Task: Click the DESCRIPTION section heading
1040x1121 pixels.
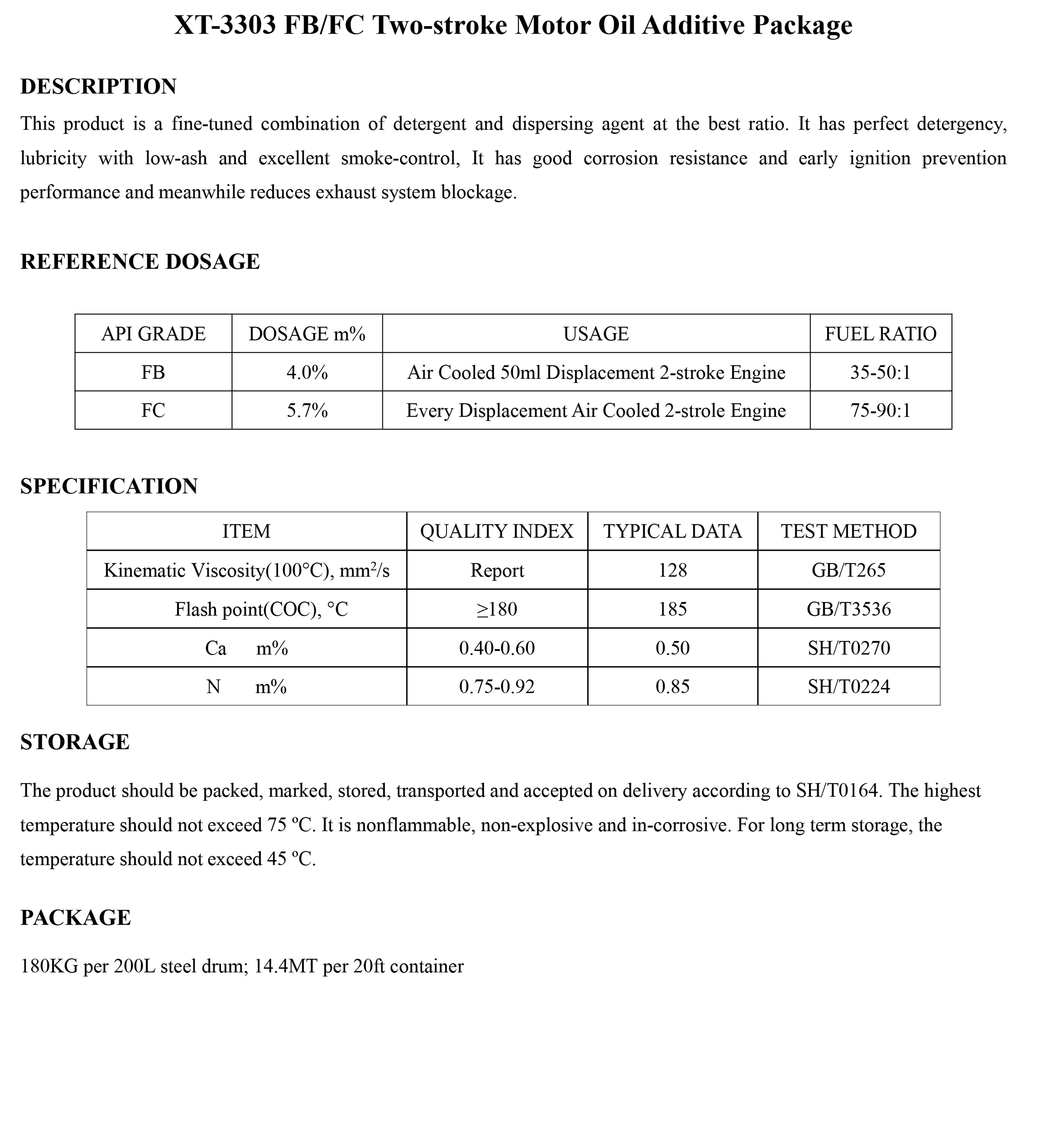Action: [x=98, y=87]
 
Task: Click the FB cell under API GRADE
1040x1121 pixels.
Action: [x=153, y=373]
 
